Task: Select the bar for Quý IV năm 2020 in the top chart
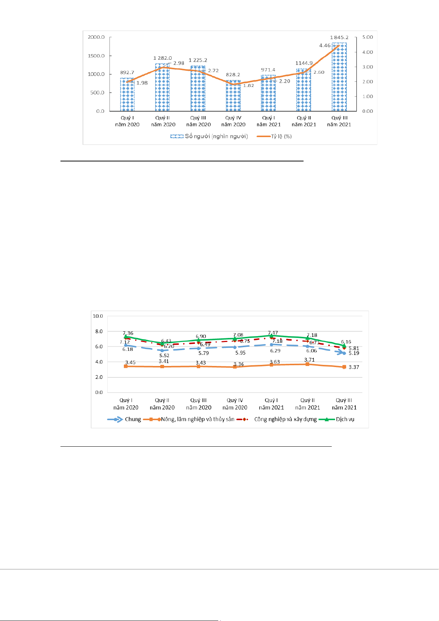click(x=233, y=96)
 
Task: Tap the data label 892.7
click(x=127, y=73)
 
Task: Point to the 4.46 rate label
click(x=325, y=46)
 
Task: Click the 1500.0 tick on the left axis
click(x=96, y=56)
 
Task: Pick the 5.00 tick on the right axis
click(x=367, y=37)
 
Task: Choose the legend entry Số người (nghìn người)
click(x=209, y=136)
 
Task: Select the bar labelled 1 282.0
click(x=162, y=88)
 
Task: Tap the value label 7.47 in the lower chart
click(x=273, y=333)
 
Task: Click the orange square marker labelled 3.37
click(x=344, y=367)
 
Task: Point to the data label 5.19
click(x=354, y=353)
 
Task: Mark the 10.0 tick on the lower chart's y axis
click(x=98, y=316)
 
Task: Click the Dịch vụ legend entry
click(x=337, y=419)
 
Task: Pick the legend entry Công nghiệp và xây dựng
click(x=277, y=419)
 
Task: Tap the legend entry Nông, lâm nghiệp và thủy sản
click(x=189, y=419)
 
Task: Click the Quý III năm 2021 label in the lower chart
click(x=344, y=404)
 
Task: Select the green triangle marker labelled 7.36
click(x=126, y=336)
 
